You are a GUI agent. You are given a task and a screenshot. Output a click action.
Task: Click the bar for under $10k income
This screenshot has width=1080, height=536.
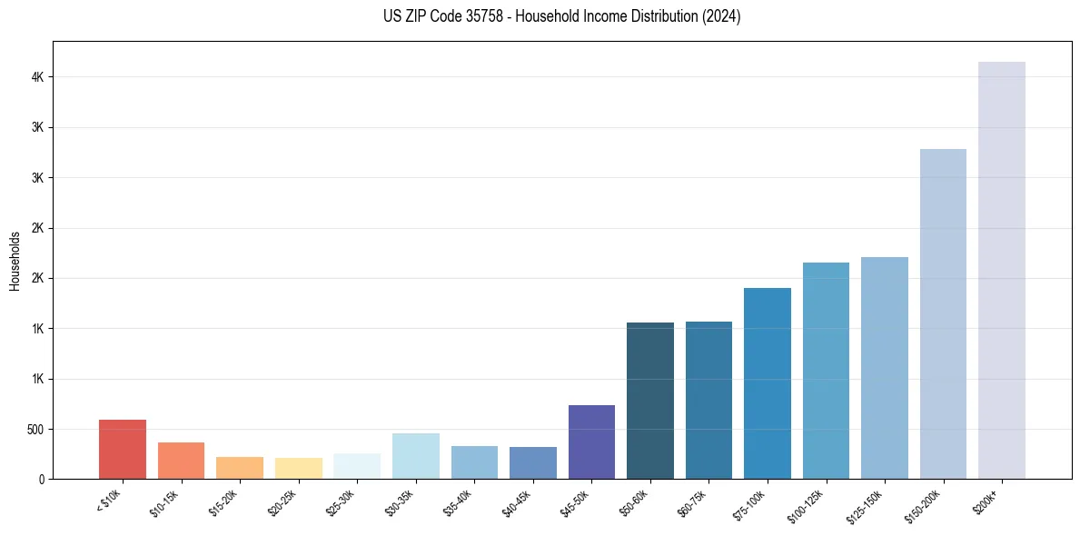click(122, 449)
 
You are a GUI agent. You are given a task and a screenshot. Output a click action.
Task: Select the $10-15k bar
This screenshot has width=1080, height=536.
click(181, 461)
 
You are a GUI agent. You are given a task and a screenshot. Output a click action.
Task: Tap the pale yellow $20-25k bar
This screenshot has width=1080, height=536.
click(298, 468)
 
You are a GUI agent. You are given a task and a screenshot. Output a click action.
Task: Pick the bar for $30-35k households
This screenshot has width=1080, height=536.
click(415, 456)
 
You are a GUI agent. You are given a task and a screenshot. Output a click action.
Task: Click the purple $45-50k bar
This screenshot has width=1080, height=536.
click(591, 442)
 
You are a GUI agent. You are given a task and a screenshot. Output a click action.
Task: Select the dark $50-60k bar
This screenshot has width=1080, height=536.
click(649, 401)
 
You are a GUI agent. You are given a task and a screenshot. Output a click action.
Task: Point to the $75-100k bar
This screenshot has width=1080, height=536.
click(767, 383)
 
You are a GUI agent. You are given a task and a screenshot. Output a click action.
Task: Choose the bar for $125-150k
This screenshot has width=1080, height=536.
click(884, 368)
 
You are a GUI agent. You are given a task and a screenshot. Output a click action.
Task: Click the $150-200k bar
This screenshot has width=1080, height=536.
click(943, 313)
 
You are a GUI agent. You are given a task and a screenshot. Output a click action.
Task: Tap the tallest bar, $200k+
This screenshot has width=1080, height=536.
click(1001, 270)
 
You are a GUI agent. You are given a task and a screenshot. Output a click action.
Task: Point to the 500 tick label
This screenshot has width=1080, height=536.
click(35, 429)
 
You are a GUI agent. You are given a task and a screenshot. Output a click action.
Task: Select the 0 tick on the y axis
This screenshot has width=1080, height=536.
click(42, 479)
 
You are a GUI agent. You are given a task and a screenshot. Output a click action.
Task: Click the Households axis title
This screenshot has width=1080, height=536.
click(15, 260)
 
